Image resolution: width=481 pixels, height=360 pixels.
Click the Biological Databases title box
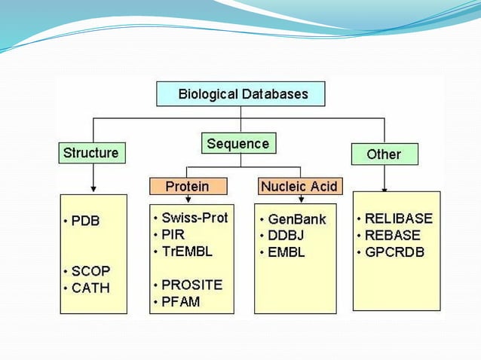pyautogui.click(x=241, y=94)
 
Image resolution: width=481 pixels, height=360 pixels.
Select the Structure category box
pyautogui.click(x=90, y=153)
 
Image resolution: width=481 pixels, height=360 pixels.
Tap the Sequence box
pyautogui.click(x=237, y=143)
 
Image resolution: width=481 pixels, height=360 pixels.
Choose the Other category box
pyautogui.click(x=384, y=154)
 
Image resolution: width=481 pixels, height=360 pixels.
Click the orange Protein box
pyautogui.click(x=187, y=186)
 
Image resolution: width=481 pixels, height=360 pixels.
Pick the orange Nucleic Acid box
pyautogui.click(x=299, y=186)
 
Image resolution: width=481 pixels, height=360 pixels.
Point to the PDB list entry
pyautogui.click(x=85, y=221)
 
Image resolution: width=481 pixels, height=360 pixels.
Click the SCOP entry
pyautogui.click(x=90, y=271)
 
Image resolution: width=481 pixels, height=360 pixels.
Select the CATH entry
pyautogui.click(x=90, y=288)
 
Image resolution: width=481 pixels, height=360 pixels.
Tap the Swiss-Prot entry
pyautogui.click(x=194, y=218)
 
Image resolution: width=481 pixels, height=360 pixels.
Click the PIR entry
pyautogui.click(x=173, y=235)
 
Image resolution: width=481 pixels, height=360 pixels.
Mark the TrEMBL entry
pyautogui.click(x=185, y=252)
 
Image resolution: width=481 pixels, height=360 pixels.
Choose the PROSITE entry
pyautogui.click(x=191, y=285)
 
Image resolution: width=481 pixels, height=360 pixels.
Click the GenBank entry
pyautogui.click(x=296, y=220)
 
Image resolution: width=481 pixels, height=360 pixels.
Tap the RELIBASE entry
pyautogui.click(x=398, y=219)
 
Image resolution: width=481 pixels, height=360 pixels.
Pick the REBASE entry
pyautogui.click(x=393, y=236)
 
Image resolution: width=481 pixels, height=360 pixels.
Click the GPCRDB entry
pyautogui.click(x=394, y=252)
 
